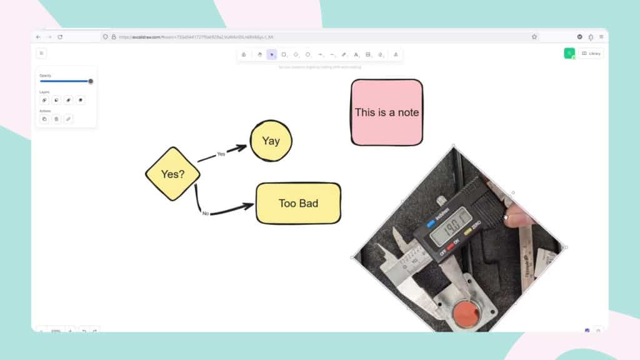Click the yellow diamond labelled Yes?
[x=172, y=174]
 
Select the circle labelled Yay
[x=271, y=141]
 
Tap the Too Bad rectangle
[x=298, y=203]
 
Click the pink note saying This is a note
[x=386, y=112]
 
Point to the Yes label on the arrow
[x=221, y=154]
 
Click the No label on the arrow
[x=206, y=214]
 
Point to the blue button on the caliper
[x=431, y=223]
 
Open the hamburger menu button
[x=41, y=54]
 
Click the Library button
[x=591, y=54]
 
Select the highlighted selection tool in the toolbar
[x=271, y=54]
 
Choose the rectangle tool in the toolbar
[x=284, y=54]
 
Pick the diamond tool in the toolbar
[x=296, y=54]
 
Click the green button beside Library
[x=569, y=54]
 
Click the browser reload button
[x=60, y=37]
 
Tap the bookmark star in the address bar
[x=534, y=37]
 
